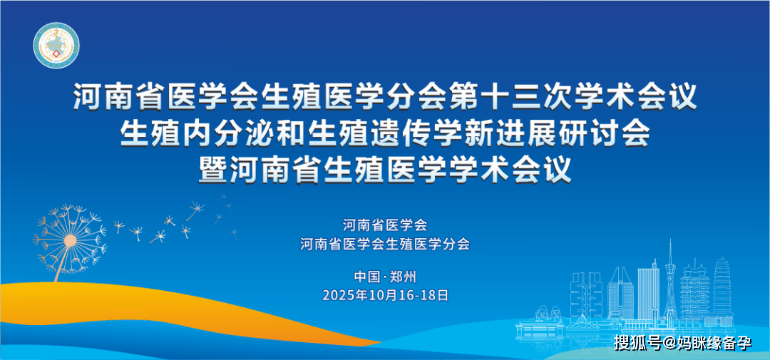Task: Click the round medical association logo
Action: click(56, 46)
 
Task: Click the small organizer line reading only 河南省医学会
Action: click(385, 225)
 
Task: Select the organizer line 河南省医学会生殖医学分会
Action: click(385, 244)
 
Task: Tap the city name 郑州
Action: click(403, 277)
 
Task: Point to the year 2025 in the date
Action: click(336, 295)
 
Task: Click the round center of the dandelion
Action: click(70, 241)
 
